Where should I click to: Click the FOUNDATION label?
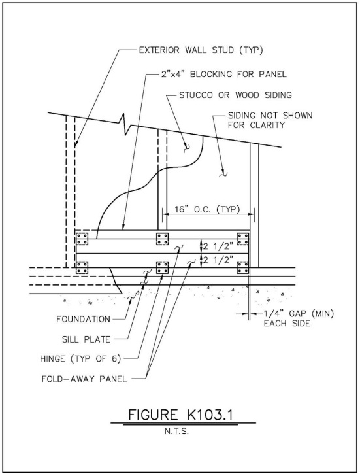(x=82, y=319)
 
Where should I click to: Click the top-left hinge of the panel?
(x=82, y=237)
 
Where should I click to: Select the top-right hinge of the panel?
(x=243, y=237)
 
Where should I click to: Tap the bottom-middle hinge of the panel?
(x=163, y=267)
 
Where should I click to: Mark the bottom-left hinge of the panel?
(x=82, y=267)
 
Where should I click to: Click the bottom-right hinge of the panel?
(x=243, y=267)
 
